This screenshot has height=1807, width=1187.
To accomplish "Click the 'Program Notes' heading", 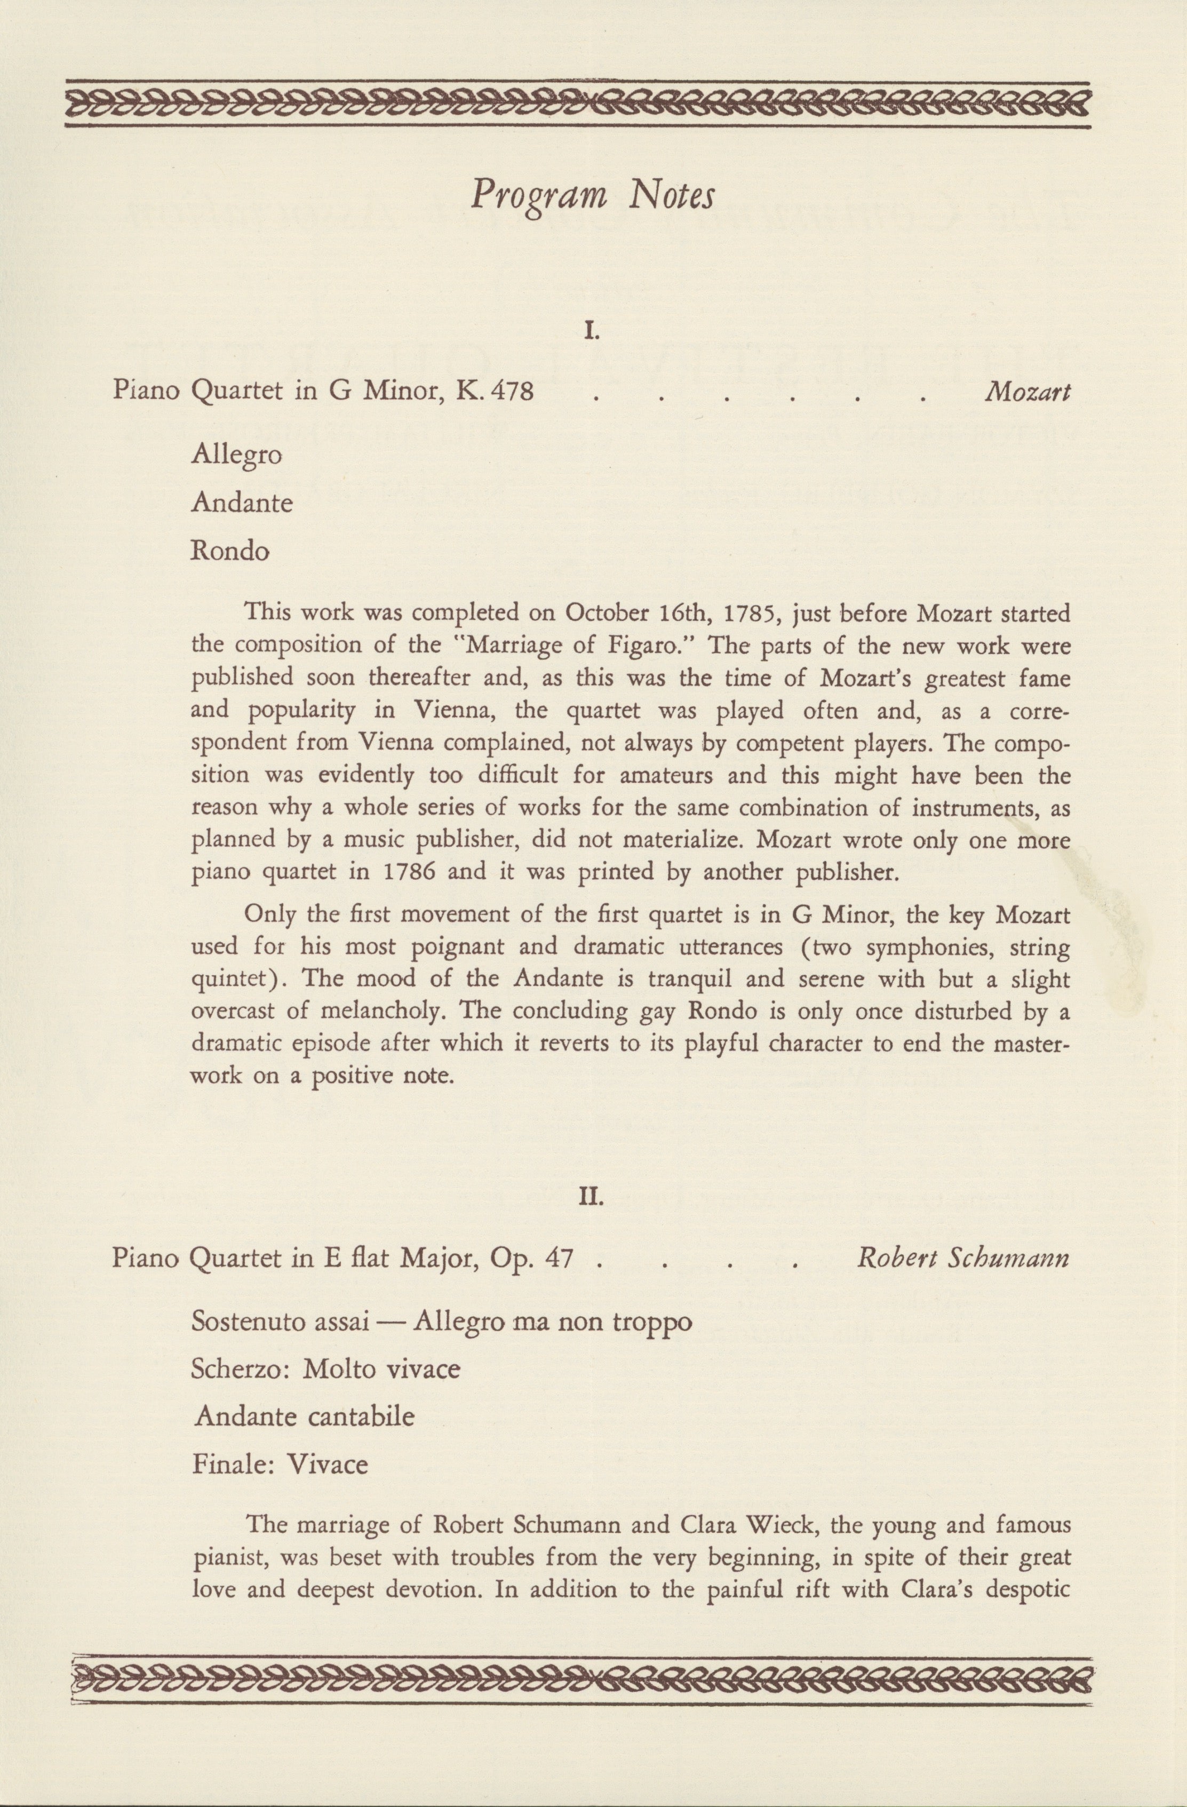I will tap(592, 197).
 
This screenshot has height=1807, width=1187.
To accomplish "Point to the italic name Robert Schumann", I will tap(963, 1259).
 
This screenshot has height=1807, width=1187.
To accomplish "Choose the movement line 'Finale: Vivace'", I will tap(280, 1464).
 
